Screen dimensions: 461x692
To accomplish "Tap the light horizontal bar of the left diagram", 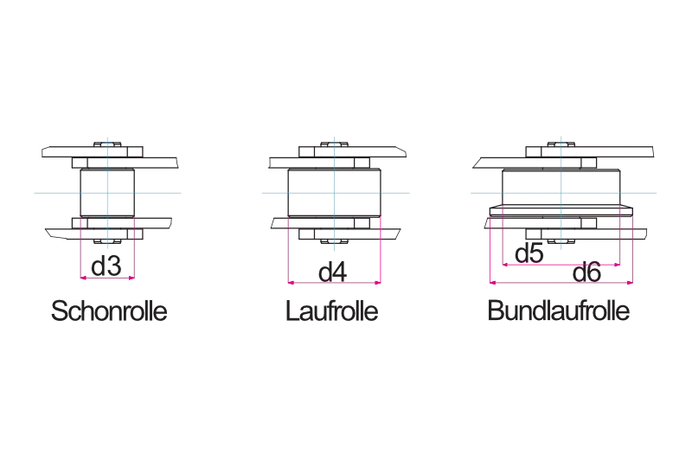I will pos(52,190).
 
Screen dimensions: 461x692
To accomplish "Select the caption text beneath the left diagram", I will pos(110,312).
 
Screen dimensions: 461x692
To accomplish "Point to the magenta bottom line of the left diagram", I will pos(106,279).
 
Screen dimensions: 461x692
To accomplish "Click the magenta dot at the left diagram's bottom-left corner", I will pos(80,279).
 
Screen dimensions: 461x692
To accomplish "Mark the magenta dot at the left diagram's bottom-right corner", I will pos(134,279).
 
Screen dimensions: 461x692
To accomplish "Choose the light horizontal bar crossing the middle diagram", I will pos(277,190).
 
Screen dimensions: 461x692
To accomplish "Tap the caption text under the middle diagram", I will pos(333,312).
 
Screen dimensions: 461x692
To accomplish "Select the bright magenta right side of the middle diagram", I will pos(382,251).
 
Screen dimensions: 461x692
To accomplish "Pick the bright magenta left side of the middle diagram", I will pos(286,251).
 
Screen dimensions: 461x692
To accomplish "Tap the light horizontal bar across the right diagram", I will pos(519,190).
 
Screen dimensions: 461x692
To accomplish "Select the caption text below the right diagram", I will pos(556,312).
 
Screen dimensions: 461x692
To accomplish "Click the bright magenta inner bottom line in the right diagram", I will pos(562,265).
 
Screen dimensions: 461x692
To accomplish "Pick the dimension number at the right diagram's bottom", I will pos(587,275).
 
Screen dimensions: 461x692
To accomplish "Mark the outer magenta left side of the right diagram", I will pos(490,251).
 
